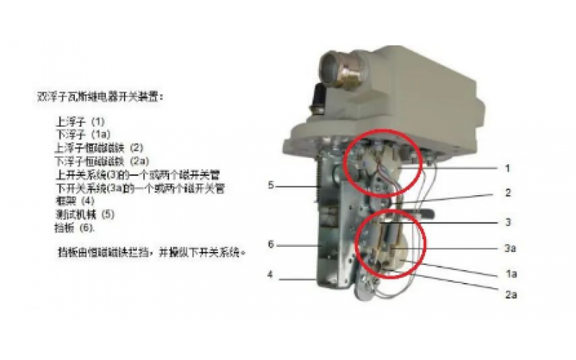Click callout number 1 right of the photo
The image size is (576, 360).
pyautogui.click(x=507, y=168)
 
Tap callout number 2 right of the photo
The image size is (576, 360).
pyautogui.click(x=507, y=194)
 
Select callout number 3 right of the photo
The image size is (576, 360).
pyautogui.click(x=507, y=222)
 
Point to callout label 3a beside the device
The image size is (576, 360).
pyautogui.click(x=510, y=248)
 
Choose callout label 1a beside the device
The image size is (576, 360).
pyautogui.click(x=510, y=274)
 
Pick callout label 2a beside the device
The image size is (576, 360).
pyautogui.click(x=510, y=294)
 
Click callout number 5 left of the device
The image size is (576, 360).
pyautogui.click(x=271, y=185)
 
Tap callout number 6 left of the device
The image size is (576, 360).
pyautogui.click(x=271, y=245)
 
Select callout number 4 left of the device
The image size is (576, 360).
pyautogui.click(x=271, y=274)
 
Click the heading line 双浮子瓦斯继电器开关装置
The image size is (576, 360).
pyautogui.click(x=100, y=96)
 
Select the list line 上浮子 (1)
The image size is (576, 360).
pyautogui.click(x=80, y=122)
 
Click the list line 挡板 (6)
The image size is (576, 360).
pyautogui.click(x=75, y=227)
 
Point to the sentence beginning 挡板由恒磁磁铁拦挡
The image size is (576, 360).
pyautogui.click(x=151, y=253)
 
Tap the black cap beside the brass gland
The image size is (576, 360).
pyautogui.click(x=318, y=96)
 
